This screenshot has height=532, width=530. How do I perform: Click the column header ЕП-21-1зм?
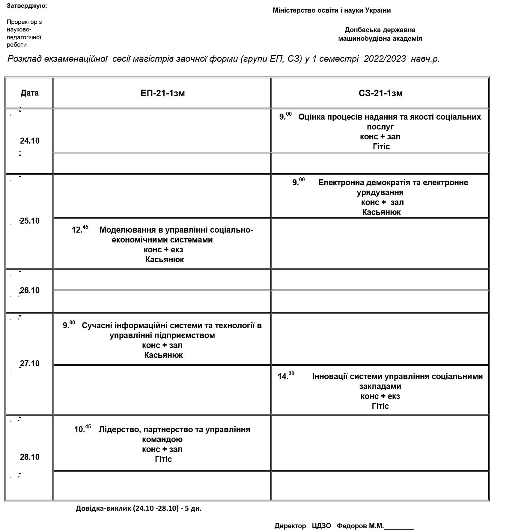pyautogui.click(x=162, y=93)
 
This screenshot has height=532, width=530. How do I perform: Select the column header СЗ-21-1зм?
pyautogui.click(x=380, y=93)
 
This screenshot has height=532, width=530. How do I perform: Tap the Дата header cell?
pyautogui.click(x=29, y=93)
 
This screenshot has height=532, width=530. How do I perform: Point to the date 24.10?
pyautogui.click(x=30, y=141)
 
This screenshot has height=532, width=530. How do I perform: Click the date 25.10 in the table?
pyautogui.click(x=30, y=221)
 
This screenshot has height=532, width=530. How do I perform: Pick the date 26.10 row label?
pyautogui.click(x=30, y=290)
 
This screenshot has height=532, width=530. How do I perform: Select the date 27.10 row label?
pyautogui.click(x=30, y=364)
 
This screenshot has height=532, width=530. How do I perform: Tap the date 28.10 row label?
pyautogui.click(x=30, y=457)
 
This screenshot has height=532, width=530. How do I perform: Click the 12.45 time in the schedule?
pyautogui.click(x=80, y=229)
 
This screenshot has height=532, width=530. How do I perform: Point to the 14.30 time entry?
pyautogui.click(x=286, y=376)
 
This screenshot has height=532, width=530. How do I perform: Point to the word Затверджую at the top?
pyautogui.click(x=26, y=6)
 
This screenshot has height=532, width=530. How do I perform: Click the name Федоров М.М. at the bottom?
pyautogui.click(x=360, y=526)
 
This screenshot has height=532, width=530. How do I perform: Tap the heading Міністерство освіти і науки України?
pyautogui.click(x=332, y=10)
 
